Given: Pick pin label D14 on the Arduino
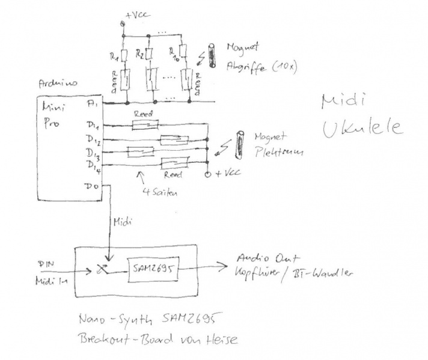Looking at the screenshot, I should (x=94, y=164).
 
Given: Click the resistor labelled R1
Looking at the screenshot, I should (x=124, y=55).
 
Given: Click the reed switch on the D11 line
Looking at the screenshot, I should (x=144, y=124).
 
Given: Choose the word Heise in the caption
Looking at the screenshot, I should (x=224, y=340).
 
